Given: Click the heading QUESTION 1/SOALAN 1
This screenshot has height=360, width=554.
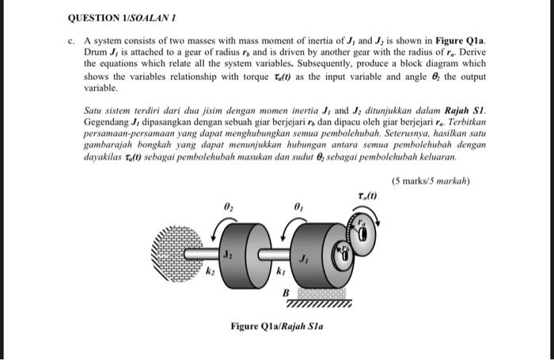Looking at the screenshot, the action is (x=116, y=16).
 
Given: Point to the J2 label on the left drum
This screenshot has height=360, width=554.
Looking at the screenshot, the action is (x=227, y=255).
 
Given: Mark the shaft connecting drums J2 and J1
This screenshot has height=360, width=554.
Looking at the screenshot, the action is (x=269, y=253).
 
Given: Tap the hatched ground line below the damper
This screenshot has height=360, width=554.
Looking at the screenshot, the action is (x=321, y=301).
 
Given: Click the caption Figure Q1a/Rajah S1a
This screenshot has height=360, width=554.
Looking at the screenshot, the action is (x=277, y=326).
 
